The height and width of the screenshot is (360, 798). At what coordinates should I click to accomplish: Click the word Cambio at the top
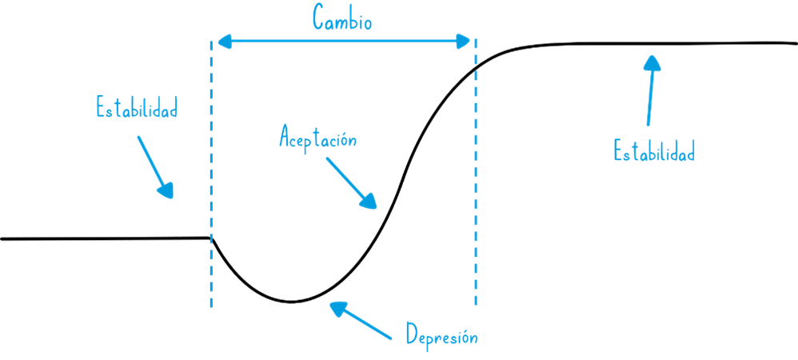pyautogui.click(x=342, y=18)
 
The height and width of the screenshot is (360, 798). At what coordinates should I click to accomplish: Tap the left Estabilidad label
pyautogui.click(x=136, y=108)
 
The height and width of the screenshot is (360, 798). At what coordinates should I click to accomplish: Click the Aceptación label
pyautogui.click(x=317, y=138)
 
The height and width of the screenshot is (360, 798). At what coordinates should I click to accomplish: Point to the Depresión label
pyautogui.click(x=441, y=336)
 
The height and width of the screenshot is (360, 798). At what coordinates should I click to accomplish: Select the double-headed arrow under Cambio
pyautogui.click(x=344, y=42)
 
